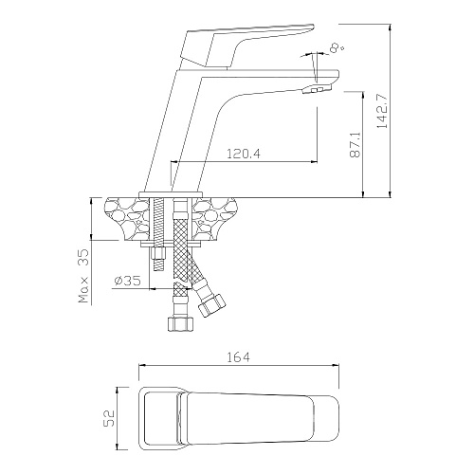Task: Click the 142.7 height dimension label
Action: tap(383, 111)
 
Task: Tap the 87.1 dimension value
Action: tap(355, 145)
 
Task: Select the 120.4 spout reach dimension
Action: tap(244, 154)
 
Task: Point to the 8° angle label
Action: tap(337, 48)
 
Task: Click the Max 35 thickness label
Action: tap(84, 276)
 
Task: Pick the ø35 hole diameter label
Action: tap(127, 281)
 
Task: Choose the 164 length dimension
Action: tap(238, 357)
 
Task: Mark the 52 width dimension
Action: tap(109, 418)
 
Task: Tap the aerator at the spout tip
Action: tap(317, 89)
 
